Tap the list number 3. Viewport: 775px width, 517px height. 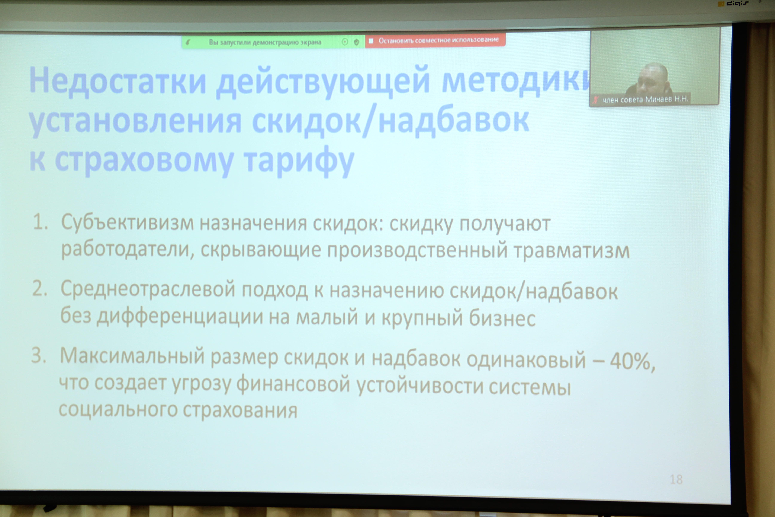pyautogui.click(x=39, y=355)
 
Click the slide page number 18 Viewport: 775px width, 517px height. pyautogui.click(x=676, y=479)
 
